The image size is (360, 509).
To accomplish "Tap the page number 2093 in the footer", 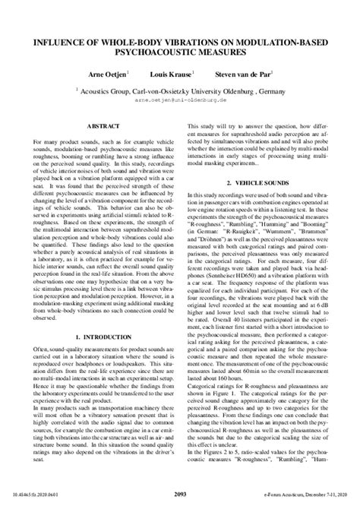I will [180, 495].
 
